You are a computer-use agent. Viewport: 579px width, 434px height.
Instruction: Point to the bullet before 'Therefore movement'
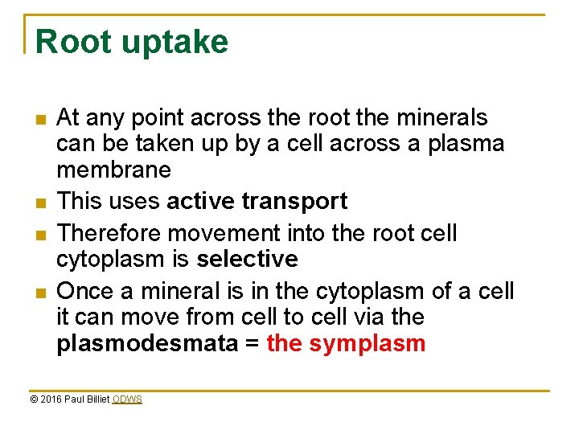click(40, 235)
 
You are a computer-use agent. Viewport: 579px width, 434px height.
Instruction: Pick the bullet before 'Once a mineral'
click(40, 292)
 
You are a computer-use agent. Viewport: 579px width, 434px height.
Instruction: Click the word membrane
click(113, 170)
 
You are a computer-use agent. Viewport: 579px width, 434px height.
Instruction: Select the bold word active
click(199, 201)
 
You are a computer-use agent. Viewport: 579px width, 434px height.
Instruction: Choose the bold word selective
click(247, 259)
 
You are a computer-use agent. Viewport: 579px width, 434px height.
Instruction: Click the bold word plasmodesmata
click(147, 344)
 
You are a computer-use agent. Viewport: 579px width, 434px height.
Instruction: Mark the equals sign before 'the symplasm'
click(252, 344)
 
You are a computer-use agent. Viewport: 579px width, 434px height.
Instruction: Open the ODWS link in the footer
click(127, 399)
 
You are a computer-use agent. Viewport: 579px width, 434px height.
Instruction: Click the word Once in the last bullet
click(85, 290)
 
